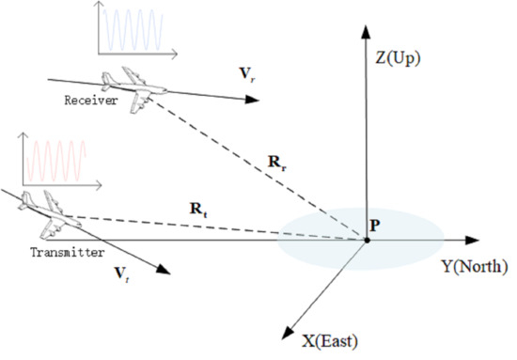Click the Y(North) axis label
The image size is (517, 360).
tap(475, 266)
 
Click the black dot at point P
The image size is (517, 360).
tap(367, 241)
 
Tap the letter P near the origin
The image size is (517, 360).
tap(373, 226)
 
